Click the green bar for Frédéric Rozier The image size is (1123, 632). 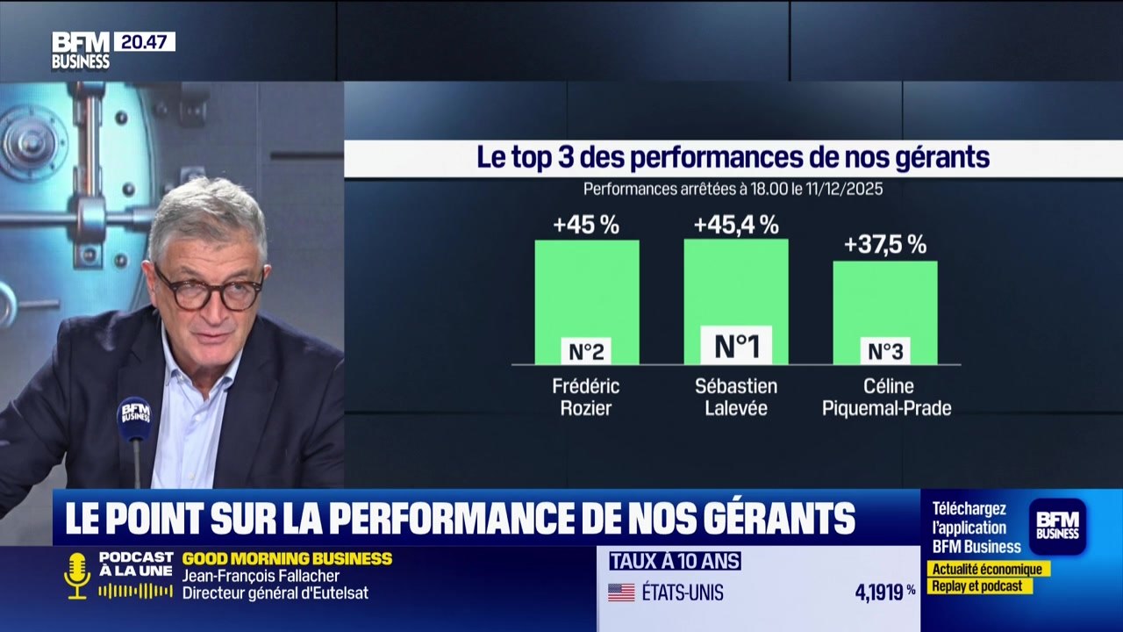(586, 290)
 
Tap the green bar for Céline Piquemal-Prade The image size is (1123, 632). (884, 298)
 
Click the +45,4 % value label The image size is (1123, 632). (736, 225)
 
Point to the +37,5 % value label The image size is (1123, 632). (884, 245)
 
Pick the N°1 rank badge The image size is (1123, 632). (736, 346)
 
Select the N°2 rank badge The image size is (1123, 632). (585, 352)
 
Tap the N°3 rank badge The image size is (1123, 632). (884, 352)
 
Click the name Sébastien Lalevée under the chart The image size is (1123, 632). (735, 397)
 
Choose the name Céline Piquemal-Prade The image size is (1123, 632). (886, 397)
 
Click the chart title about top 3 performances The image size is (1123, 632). (733, 158)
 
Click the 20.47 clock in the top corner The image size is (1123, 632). (144, 41)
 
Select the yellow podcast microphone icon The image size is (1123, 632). (77, 575)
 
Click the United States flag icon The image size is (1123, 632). (621, 592)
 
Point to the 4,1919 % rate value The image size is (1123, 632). (885, 592)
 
